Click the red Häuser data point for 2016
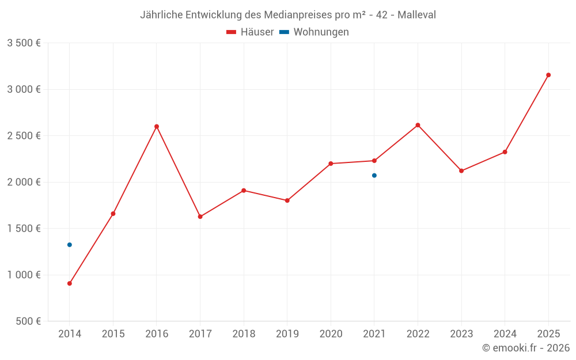tap(157, 127)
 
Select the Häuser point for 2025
tap(548, 75)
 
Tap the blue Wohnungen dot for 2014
tap(70, 245)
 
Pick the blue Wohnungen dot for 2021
tap(374, 175)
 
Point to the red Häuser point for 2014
tap(70, 283)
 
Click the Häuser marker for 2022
tap(418, 125)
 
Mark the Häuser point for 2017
tap(200, 217)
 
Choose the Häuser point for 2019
tap(287, 200)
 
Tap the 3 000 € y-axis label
tap(24, 89)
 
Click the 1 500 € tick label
tap(24, 229)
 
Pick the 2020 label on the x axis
tap(331, 334)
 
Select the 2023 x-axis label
tap(461, 334)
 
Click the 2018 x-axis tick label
tap(244, 334)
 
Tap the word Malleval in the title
tap(416, 15)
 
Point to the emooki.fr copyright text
tap(525, 348)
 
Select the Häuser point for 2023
tap(461, 171)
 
